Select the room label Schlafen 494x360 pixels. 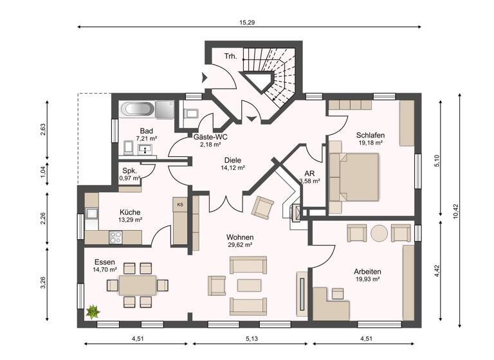pyautogui.click(x=370, y=135)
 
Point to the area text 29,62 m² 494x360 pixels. pyautogui.click(x=239, y=245)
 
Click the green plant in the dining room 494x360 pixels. pyautogui.click(x=93, y=312)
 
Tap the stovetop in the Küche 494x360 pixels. pyautogui.click(x=116, y=237)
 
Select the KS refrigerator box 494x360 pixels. pyautogui.click(x=180, y=204)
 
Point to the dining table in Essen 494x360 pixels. pyautogui.click(x=137, y=284)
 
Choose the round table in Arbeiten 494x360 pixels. pyautogui.click(x=379, y=232)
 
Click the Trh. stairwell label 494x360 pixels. pyautogui.click(x=230, y=57)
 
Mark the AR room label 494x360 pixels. pyautogui.click(x=309, y=173)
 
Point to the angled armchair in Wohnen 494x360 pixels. pyautogui.click(x=262, y=207)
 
